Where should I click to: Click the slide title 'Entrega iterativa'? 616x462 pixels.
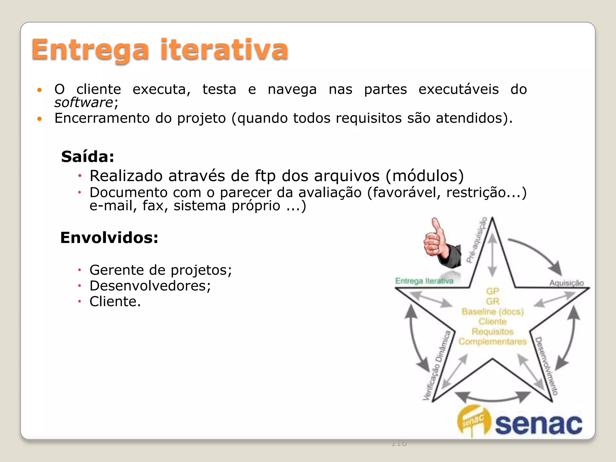click(x=160, y=50)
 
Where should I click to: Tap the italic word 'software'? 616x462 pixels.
click(x=84, y=103)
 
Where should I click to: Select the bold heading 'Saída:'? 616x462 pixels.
click(x=88, y=157)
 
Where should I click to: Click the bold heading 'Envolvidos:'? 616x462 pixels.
click(x=109, y=238)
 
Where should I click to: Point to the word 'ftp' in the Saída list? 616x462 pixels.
click(x=265, y=176)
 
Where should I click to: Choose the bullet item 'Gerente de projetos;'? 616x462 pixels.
click(x=161, y=270)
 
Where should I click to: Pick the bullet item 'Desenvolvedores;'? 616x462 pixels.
click(x=150, y=286)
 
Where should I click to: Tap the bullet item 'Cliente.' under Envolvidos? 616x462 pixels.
click(x=115, y=301)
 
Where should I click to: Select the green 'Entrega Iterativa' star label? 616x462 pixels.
click(x=424, y=281)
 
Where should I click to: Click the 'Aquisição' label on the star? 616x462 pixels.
click(x=566, y=283)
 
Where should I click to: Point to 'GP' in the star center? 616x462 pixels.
click(x=493, y=291)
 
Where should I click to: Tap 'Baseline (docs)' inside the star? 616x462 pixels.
click(x=493, y=312)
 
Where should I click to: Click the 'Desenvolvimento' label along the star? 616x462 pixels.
click(x=546, y=365)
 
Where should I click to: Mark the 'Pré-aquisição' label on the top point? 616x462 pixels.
click(x=476, y=240)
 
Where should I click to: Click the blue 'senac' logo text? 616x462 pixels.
click(x=538, y=424)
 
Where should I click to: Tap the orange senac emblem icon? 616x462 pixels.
click(x=473, y=420)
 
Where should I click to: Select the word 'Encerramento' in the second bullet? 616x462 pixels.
click(x=102, y=118)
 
